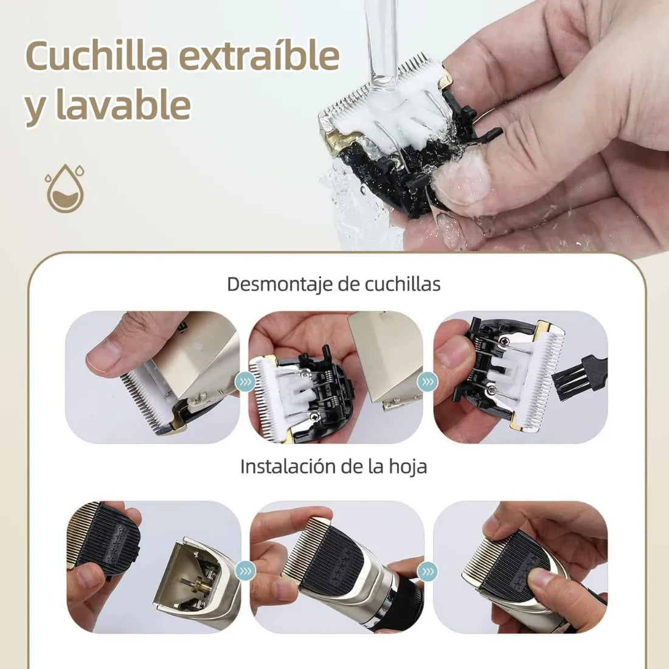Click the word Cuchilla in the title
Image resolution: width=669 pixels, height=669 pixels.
[97, 57]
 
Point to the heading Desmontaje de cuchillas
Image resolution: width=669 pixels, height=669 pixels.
[333, 284]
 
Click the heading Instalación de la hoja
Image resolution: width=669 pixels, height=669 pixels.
[333, 466]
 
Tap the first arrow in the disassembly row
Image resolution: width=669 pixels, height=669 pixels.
[246, 382]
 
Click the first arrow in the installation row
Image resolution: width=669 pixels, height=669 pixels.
[246, 571]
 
